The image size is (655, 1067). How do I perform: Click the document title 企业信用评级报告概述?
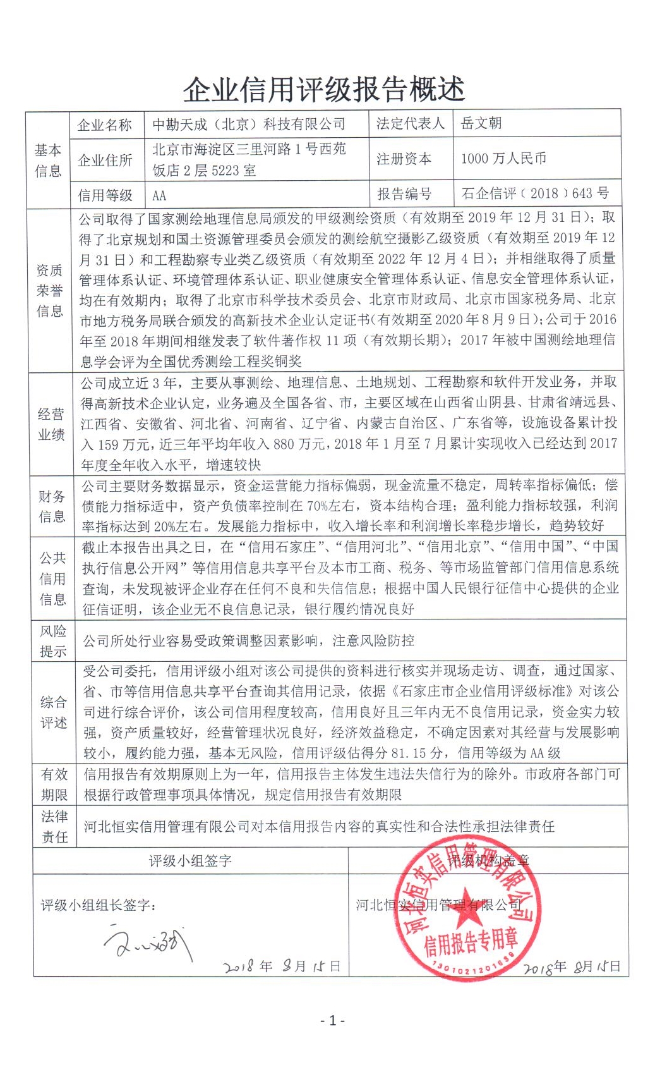click(324, 90)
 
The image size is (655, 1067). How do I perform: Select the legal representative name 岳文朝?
click(481, 123)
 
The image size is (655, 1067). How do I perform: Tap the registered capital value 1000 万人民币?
click(503, 159)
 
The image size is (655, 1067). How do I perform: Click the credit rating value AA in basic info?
click(159, 195)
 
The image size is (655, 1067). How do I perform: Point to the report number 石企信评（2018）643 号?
click(535, 193)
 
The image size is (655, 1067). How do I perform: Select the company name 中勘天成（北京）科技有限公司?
click(249, 124)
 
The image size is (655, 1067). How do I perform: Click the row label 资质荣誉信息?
click(50, 290)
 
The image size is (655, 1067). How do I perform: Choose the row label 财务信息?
click(52, 506)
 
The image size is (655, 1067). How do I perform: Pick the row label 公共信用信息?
click(52, 578)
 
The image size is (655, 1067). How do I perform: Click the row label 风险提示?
click(53, 640)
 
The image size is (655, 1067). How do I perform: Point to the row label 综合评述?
click(54, 712)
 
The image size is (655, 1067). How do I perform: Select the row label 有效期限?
click(54, 784)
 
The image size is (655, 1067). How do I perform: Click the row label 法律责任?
click(54, 826)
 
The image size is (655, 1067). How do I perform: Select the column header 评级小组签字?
click(190, 860)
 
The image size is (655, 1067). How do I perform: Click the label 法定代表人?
click(411, 123)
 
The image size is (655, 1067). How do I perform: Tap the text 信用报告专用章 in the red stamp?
click(471, 942)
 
